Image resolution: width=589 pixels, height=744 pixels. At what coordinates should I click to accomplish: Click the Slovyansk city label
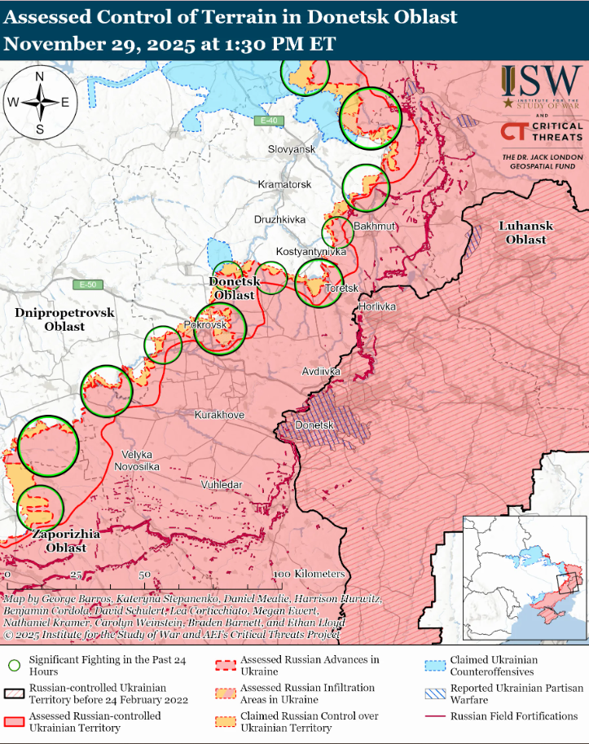tap(292, 150)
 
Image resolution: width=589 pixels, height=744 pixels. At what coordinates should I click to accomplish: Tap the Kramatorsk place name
tap(284, 185)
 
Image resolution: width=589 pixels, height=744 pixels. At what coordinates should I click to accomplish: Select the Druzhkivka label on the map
tap(279, 219)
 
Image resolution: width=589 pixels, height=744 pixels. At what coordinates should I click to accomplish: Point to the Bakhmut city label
tap(374, 226)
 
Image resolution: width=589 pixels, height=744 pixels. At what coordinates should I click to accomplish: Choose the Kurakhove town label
tap(219, 415)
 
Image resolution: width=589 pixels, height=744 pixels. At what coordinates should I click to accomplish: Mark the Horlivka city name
tap(376, 306)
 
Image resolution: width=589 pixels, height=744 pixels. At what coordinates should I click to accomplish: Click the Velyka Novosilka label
tap(140, 460)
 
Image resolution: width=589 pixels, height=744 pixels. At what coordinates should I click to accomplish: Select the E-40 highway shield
tap(266, 121)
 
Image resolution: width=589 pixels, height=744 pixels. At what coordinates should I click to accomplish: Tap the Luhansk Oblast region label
tap(525, 232)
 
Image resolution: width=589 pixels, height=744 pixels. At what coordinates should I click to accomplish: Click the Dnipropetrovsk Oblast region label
tap(55, 319)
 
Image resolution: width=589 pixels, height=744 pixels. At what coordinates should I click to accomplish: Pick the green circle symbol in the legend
tap(14, 665)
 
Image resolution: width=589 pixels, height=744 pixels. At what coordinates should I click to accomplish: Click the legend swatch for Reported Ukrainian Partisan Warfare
tap(436, 693)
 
